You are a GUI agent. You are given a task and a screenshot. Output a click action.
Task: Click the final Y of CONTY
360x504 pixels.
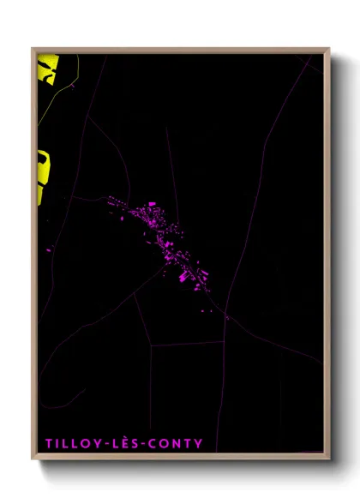click(200, 443)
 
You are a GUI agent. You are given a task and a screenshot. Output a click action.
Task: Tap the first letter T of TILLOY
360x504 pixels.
click(49, 443)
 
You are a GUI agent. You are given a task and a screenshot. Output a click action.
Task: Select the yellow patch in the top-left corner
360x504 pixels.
click(47, 68)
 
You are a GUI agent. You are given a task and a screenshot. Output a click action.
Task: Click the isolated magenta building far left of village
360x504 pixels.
click(49, 250)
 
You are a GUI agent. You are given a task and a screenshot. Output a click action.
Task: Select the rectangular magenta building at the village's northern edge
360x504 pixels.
click(152, 204)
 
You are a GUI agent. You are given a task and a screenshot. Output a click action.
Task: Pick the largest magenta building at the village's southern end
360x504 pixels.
click(183, 276)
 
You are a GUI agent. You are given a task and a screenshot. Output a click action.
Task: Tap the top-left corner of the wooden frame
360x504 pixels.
click(33, 49)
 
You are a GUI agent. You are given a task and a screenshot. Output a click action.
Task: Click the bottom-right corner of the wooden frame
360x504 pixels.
click(328, 457)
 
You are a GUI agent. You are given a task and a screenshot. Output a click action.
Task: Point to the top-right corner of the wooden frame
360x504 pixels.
click(328, 49)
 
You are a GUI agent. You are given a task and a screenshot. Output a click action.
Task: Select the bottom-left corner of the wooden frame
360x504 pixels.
click(33, 457)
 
